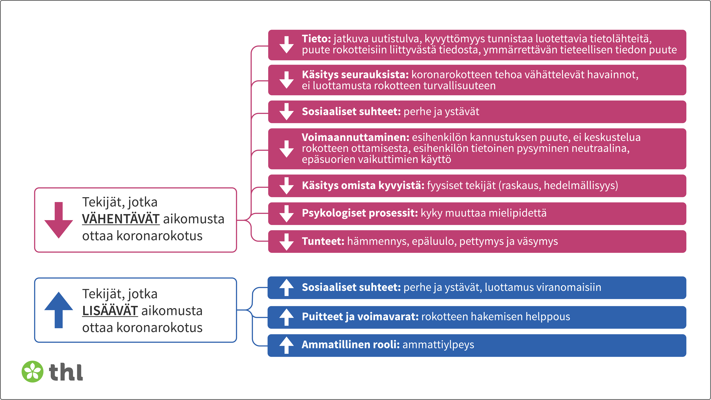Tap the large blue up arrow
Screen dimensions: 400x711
[58, 310]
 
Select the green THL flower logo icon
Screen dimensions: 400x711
[33, 372]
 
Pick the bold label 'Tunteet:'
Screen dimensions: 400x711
[323, 241]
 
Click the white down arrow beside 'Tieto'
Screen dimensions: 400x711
[286, 45]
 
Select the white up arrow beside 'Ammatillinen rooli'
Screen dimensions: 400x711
[286, 345]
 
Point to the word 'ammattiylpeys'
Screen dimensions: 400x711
[438, 345]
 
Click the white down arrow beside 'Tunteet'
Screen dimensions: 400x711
[286, 242]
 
